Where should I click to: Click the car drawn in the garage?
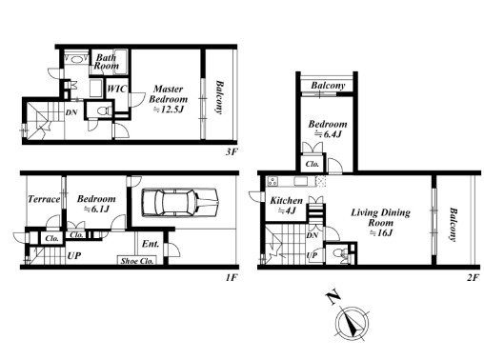[180, 203]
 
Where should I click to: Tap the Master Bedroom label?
[169, 93]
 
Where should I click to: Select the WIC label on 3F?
[116, 89]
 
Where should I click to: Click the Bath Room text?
[107, 62]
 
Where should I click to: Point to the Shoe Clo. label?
[137, 261]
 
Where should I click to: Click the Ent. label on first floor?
[151, 244]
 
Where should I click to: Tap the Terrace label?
[44, 199]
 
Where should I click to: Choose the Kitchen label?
[286, 201]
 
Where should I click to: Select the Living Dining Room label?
[380, 217]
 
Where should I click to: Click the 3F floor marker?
[232, 151]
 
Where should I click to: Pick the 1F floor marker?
[232, 277]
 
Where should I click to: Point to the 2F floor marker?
[473, 277]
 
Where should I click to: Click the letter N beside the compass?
[333, 297]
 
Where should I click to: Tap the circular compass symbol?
[353, 324]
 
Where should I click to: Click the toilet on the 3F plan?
[104, 110]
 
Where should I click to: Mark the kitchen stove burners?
[272, 181]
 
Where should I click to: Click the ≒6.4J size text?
[328, 134]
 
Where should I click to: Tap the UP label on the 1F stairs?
[74, 255]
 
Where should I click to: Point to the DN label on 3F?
[71, 112]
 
